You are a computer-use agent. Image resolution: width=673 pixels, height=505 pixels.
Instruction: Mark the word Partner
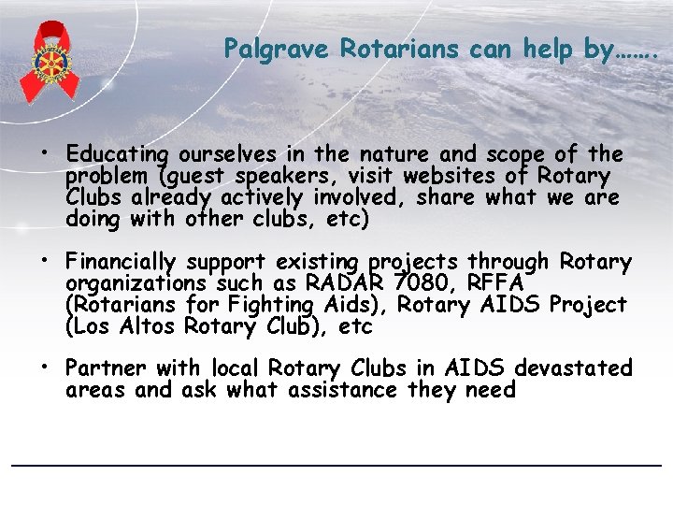tap(106, 368)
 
